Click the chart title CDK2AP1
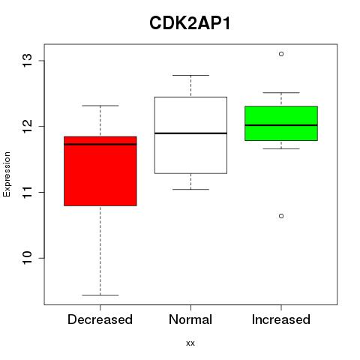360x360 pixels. click(x=190, y=23)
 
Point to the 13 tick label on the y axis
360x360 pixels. click(x=28, y=61)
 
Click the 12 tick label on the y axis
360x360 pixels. click(x=28, y=126)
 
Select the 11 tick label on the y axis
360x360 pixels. click(x=28, y=192)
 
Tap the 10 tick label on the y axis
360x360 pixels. click(x=28, y=258)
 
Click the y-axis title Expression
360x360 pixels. click(x=7, y=174)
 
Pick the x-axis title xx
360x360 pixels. click(x=190, y=343)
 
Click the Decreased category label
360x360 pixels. click(x=100, y=319)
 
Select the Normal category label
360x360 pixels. click(x=190, y=319)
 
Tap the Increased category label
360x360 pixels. click(x=281, y=319)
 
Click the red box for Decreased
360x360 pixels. click(x=100, y=171)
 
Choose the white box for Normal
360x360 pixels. click(x=190, y=135)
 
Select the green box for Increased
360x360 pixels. click(x=281, y=123)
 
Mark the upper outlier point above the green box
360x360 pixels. click(x=281, y=54)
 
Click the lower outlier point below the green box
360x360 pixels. click(x=281, y=216)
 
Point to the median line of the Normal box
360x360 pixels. click(x=190, y=133)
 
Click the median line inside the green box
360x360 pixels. click(x=281, y=125)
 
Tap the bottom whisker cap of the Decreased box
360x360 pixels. click(x=100, y=295)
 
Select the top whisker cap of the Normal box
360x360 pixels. click(x=190, y=75)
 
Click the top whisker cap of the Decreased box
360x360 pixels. click(x=100, y=106)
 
